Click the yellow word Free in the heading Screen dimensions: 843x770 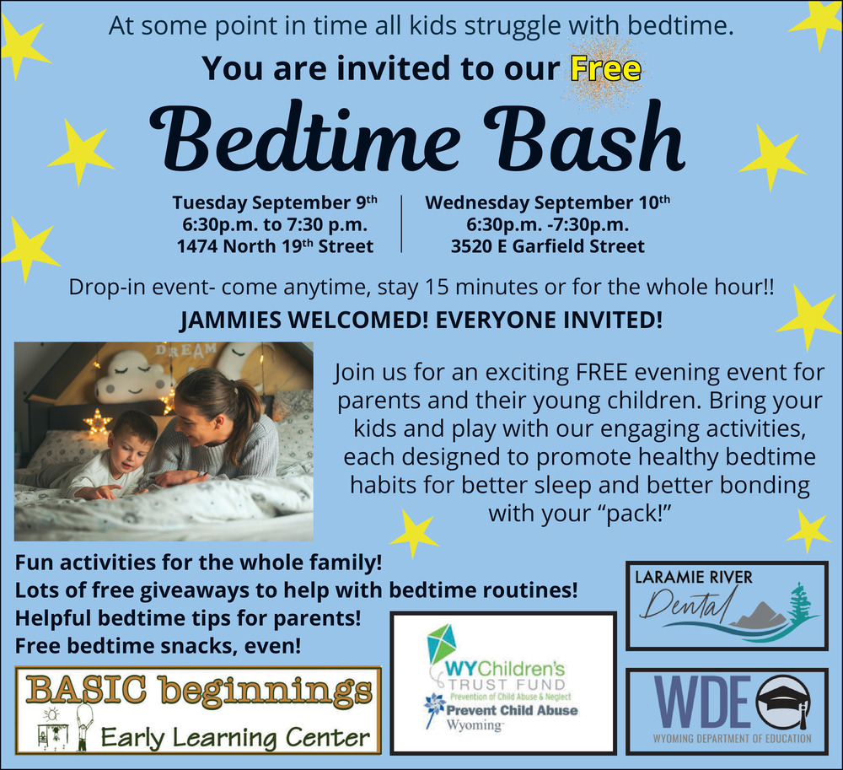pyautogui.click(x=606, y=69)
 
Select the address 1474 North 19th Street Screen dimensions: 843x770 pyautogui.click(x=276, y=245)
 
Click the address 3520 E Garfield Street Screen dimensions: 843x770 pyautogui.click(x=547, y=246)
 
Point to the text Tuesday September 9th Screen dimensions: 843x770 pyautogui.click(x=275, y=202)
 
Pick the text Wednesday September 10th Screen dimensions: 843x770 pyautogui.click(x=548, y=202)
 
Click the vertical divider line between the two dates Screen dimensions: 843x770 pyautogui.click(x=401, y=223)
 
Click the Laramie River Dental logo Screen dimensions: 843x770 pyautogui.click(x=727, y=606)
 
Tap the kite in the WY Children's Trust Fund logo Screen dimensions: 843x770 pyautogui.click(x=442, y=644)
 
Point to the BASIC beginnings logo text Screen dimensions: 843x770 pyautogui.click(x=198, y=691)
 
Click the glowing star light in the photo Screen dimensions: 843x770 pyautogui.click(x=97, y=422)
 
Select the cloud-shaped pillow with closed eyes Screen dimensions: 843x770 pyautogui.click(x=134, y=378)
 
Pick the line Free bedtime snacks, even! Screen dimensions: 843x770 pyautogui.click(x=158, y=646)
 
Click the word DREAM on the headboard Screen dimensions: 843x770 pyautogui.click(x=186, y=350)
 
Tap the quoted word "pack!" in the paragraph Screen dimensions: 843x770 pyautogui.click(x=636, y=514)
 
